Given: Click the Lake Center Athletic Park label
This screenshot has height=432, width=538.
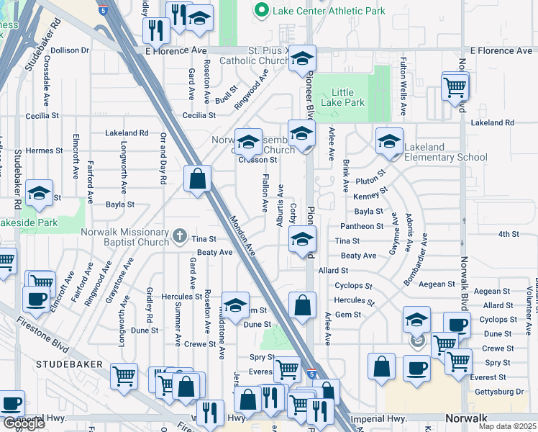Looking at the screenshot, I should click(x=328, y=11).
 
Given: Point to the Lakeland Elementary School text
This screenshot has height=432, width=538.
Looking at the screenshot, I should click(x=445, y=152).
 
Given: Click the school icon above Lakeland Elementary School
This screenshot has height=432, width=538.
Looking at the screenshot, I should click(x=389, y=142).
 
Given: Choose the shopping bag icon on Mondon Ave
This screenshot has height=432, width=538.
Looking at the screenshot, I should click(x=197, y=179).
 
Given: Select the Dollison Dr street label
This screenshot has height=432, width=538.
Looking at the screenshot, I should click(x=69, y=50).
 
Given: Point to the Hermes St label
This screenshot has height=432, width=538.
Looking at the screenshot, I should click(x=44, y=150).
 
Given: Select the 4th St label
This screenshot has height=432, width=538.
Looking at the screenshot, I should click(x=508, y=234).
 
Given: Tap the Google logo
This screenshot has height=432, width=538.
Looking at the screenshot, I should click(x=24, y=423).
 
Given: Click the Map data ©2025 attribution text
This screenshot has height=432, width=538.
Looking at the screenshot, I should click(x=506, y=426).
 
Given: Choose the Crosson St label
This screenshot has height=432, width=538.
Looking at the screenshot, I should click(x=258, y=160).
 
